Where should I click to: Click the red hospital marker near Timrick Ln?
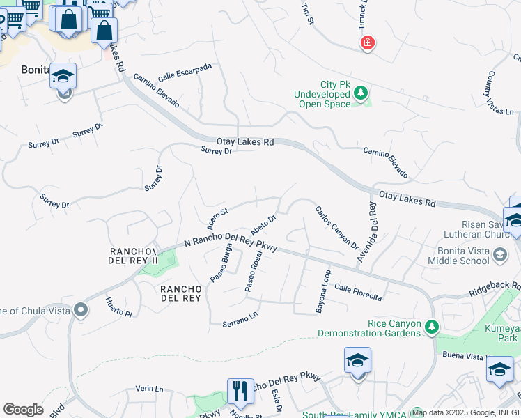(x=367, y=44)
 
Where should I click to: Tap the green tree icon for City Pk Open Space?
(x=360, y=93)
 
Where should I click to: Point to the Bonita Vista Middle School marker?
(x=499, y=256)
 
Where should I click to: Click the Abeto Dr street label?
(x=264, y=225)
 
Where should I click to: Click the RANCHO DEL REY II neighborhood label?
(x=134, y=255)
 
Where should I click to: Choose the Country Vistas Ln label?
(x=500, y=93)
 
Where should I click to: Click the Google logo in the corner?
(x=23, y=410)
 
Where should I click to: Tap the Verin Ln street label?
(x=149, y=389)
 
